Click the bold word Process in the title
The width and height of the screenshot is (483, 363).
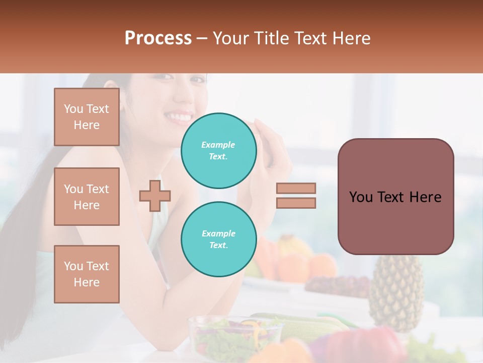click(158, 38)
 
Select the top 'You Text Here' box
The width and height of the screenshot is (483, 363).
click(87, 117)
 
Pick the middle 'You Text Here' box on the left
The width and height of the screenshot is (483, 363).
click(87, 197)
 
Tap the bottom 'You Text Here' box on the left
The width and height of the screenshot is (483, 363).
click(87, 274)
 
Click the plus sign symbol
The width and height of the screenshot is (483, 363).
click(155, 196)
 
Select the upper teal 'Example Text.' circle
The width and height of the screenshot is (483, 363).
click(219, 150)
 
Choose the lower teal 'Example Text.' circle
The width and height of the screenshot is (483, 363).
click(219, 239)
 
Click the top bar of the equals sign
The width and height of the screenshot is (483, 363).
click(296, 188)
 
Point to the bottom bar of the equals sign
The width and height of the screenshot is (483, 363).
click(296, 203)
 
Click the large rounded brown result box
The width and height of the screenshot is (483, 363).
click(395, 197)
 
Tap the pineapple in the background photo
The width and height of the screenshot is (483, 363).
click(396, 292)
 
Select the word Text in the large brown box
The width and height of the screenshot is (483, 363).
click(395, 197)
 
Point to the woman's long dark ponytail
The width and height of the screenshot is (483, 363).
click(25, 222)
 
